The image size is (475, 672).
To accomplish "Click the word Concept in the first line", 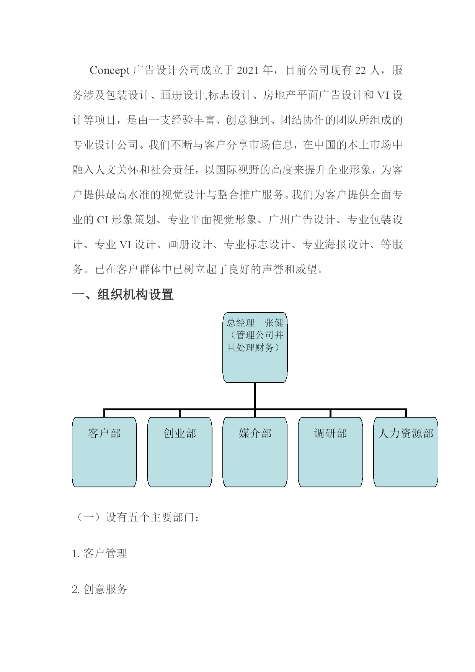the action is pos(109,71).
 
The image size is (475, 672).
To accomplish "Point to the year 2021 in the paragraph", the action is pos(249,70).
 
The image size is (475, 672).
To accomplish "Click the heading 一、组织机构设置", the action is pos(123,295).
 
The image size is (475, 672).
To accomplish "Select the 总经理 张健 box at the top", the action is pos(255,347).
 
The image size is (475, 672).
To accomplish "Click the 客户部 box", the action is pos(104,452).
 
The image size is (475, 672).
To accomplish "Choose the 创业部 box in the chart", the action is pos(180,452).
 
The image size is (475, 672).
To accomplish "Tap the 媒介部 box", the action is pos(255,452).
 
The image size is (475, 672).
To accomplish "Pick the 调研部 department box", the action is pos(330,452).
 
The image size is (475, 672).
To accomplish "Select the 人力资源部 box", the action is pos(406,452).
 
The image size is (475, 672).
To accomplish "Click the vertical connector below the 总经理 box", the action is pos(255,396).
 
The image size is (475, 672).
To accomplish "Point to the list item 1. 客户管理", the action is pos(100,553).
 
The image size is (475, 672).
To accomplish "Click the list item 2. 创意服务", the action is pos(100,589).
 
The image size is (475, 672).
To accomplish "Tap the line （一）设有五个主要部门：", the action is pos(136,518).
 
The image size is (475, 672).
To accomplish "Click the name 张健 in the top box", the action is pos(274,323).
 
